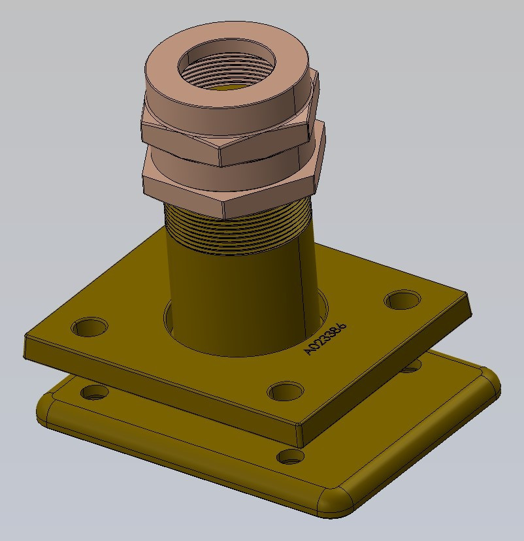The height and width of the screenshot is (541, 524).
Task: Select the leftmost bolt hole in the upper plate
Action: (90, 326)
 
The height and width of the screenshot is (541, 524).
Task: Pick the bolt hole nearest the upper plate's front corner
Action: (286, 391)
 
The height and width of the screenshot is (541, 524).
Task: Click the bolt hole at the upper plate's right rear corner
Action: (402, 300)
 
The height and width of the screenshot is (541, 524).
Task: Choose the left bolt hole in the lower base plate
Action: (95, 393)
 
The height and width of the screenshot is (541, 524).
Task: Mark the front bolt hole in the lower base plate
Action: (291, 456)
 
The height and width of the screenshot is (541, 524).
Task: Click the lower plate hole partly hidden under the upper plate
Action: (410, 369)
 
